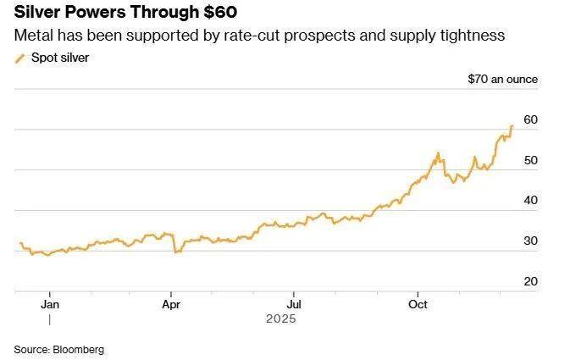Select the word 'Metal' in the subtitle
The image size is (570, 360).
point(31,36)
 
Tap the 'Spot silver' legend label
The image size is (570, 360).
point(60,58)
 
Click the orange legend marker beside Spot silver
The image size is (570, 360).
point(20,58)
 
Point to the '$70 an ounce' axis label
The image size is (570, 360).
point(502,80)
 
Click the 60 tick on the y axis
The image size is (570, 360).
point(531,119)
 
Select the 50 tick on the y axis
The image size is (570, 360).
point(531,160)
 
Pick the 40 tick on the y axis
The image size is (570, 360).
point(531,200)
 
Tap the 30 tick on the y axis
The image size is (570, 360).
point(531,241)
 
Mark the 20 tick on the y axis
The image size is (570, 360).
point(531,281)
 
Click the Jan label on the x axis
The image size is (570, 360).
point(50,302)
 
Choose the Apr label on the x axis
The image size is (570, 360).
point(172,302)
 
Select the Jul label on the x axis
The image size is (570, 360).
point(294,302)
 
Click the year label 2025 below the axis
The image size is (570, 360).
point(279,319)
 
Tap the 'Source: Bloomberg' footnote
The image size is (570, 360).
point(58,349)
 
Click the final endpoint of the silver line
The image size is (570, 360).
point(512,126)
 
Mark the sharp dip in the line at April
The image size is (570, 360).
point(175,252)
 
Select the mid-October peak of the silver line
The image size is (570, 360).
point(438,153)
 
